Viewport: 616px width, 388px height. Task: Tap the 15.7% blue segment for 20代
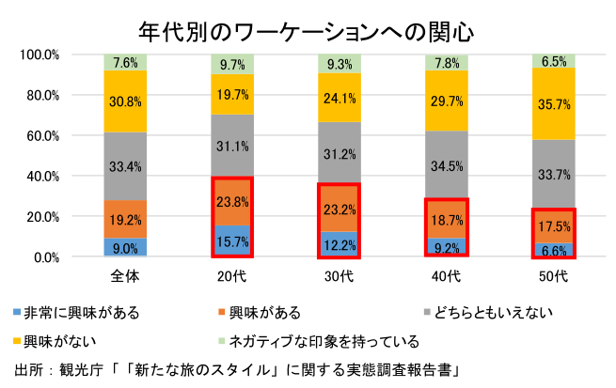pyautogui.click(x=231, y=241)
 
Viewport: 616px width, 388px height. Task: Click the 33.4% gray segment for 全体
pyautogui.click(x=126, y=166)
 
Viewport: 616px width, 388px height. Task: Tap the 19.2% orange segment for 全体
pyautogui.click(x=126, y=219)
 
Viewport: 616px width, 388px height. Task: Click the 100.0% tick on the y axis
pyautogui.click(x=39, y=54)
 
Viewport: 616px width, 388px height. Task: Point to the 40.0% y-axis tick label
pyautogui.click(x=42, y=176)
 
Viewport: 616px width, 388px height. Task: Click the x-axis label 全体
pyautogui.click(x=126, y=276)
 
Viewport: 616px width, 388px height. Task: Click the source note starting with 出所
pyautogui.click(x=235, y=367)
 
